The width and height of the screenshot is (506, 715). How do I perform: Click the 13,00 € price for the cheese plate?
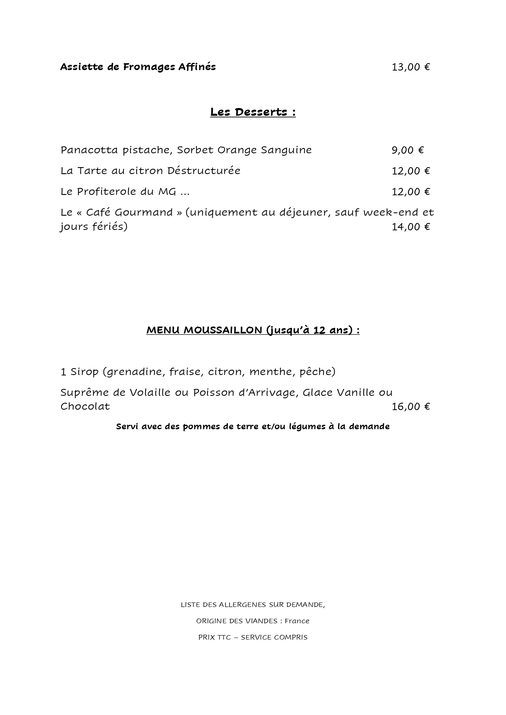tap(411, 67)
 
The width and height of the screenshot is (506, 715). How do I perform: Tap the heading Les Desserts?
tap(253, 112)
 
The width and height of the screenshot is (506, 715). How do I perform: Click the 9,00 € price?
tap(408, 150)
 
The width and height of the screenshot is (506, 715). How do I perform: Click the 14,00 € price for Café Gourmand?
tap(411, 227)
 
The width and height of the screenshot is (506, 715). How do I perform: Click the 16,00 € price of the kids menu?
tap(411, 407)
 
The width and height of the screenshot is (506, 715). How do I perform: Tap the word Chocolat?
tap(85, 407)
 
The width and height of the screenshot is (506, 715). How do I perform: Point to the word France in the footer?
tap(297, 621)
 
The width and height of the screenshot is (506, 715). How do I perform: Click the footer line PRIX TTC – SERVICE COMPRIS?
tap(253, 638)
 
